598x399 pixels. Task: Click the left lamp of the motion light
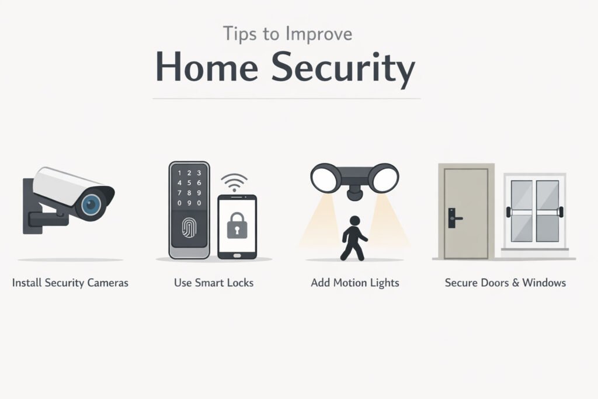coord(325,176)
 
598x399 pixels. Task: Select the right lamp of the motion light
coord(385,176)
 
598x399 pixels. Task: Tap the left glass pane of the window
coord(521,210)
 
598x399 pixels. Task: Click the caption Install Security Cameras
coord(70,283)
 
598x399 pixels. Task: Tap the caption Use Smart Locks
coord(214,283)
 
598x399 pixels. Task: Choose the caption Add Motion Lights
coord(355,283)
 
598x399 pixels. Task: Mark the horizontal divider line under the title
coord(286,99)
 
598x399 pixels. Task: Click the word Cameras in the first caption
coord(107,283)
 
